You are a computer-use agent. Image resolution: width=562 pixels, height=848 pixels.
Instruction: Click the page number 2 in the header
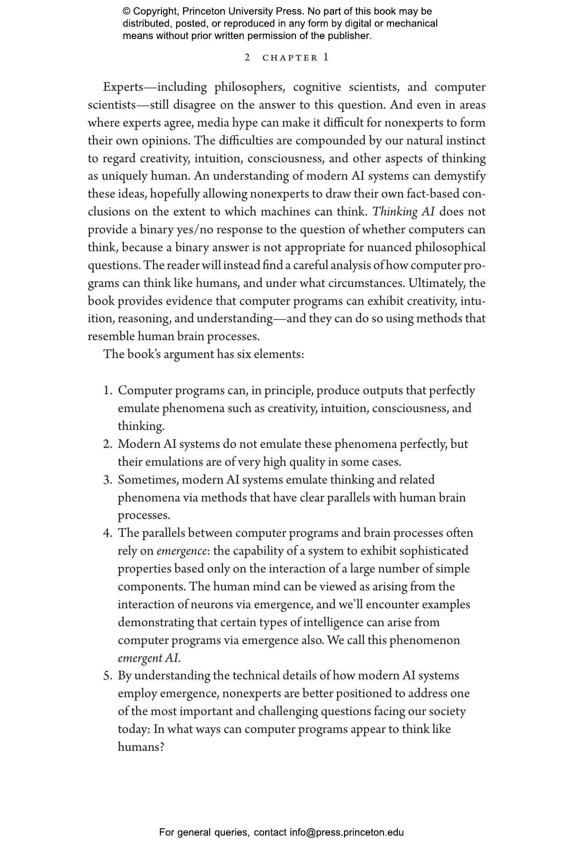coord(247,57)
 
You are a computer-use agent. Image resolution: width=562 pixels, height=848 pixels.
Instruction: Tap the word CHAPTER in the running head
coord(290,58)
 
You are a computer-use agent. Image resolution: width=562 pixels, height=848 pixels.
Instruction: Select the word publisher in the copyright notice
coord(349,36)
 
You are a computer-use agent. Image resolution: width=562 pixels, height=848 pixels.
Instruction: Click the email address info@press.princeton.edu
coord(346,832)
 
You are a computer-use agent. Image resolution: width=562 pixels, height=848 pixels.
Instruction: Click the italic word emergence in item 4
coord(182,551)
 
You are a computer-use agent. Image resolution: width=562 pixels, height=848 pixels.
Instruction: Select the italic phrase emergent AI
coord(148,658)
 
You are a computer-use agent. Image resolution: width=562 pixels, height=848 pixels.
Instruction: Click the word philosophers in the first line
coord(250,87)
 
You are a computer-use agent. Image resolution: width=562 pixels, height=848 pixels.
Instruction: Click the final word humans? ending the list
coord(141,747)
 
